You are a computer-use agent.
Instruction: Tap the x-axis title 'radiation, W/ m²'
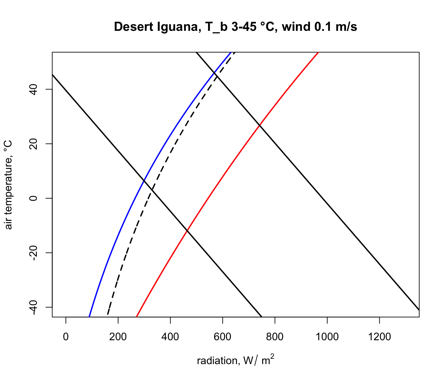235,360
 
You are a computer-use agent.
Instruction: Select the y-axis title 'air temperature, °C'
9,185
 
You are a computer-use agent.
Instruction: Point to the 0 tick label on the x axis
66,337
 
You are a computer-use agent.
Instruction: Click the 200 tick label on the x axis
118,337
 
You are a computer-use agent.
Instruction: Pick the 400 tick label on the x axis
170,337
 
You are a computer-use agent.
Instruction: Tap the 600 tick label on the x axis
222,337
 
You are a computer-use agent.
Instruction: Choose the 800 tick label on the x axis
275,337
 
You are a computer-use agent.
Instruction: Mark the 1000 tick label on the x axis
327,337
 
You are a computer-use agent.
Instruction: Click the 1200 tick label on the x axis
379,337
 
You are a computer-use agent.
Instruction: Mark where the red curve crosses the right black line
260,125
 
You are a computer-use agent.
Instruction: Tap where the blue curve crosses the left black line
144,180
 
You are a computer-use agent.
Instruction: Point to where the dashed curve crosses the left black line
152,189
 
